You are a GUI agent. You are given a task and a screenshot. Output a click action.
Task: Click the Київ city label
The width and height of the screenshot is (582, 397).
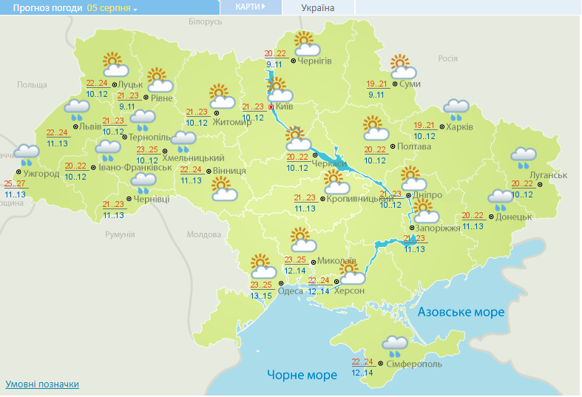coord(285,108)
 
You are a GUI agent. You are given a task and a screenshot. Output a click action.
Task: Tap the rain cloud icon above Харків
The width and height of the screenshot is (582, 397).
coord(456,110)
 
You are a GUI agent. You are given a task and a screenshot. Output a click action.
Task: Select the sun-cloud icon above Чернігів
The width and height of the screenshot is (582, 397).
coord(305,44)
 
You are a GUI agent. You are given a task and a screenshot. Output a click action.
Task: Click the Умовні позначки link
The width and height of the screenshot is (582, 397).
coord(42,384)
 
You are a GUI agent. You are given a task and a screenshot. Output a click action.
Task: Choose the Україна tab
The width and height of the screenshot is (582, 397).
coord(318,8)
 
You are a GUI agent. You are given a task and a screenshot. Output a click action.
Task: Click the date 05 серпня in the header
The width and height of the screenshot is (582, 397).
coord(109,8)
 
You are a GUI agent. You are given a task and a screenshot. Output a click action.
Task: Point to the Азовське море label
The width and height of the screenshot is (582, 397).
coord(461,312)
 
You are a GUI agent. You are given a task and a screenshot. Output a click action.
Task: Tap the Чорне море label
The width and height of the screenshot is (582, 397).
coord(302,375)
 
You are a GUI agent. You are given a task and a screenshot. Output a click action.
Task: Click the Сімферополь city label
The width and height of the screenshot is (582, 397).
coord(414,364)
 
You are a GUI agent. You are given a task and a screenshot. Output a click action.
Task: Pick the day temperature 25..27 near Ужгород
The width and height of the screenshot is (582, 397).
coord(15,183)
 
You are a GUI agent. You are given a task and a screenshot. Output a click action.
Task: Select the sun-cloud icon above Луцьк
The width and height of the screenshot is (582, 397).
coord(114,65)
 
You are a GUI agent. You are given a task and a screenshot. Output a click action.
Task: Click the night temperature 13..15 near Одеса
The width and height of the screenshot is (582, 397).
coord(261,296)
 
